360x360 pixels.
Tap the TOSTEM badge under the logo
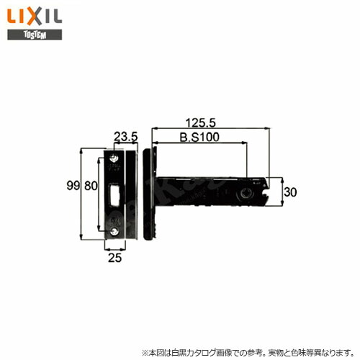(x=26, y=34)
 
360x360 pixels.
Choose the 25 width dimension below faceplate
(x=114, y=258)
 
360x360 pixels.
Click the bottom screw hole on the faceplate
(x=114, y=231)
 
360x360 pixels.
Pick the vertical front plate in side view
(x=148, y=194)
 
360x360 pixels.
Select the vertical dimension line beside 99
(x=81, y=194)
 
